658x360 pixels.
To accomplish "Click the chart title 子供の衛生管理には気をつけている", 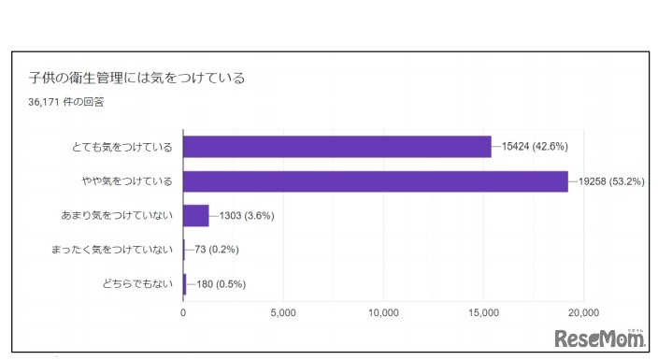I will click(136, 78).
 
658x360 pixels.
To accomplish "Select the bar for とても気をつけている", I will click(336, 147).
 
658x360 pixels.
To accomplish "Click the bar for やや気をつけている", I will click(375, 181).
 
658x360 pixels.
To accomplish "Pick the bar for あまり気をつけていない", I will click(195, 216).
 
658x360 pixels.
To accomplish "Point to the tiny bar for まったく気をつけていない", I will click(184, 250).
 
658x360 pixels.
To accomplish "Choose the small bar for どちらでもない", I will click(185, 284).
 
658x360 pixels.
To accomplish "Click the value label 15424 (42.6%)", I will click(535, 147).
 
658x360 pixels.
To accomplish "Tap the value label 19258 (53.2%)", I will click(611, 181).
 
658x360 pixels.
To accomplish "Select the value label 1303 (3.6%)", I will click(246, 216).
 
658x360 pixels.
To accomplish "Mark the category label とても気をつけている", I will click(123, 147).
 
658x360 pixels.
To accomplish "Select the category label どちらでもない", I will click(136, 284).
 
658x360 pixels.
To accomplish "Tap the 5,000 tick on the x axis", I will click(283, 312).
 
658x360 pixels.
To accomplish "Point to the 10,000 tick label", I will click(384, 312).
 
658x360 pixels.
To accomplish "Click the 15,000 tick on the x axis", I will click(484, 312).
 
